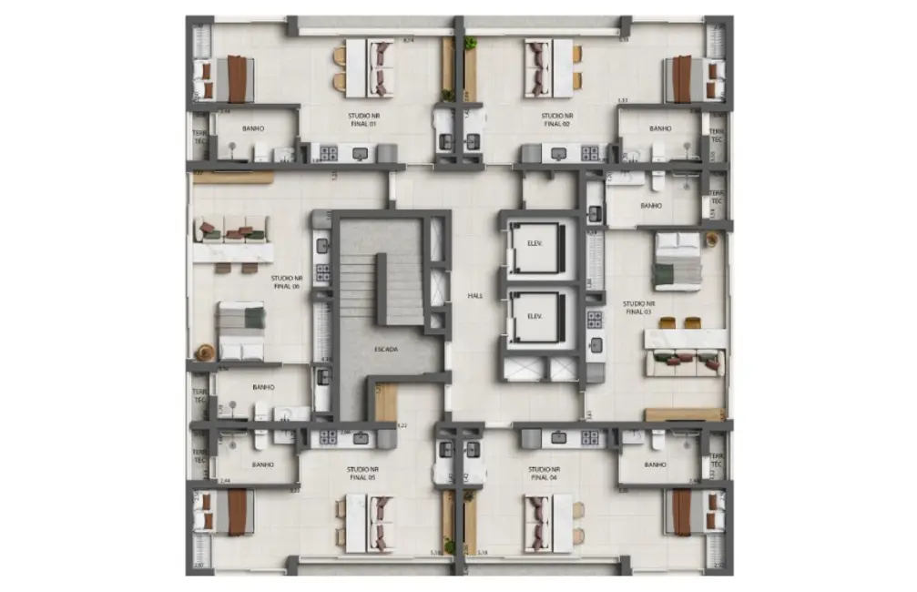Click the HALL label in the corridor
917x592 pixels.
(475, 296)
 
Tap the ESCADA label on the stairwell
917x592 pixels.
(386, 349)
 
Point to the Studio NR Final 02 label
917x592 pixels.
(556, 119)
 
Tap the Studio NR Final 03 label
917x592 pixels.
(637, 307)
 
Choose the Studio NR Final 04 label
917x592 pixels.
(544, 473)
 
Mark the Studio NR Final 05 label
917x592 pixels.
(362, 473)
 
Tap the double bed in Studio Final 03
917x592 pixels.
(678, 261)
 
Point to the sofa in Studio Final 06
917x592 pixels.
(232, 230)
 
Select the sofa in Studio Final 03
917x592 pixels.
(685, 362)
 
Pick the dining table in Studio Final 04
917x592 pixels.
(549, 523)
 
